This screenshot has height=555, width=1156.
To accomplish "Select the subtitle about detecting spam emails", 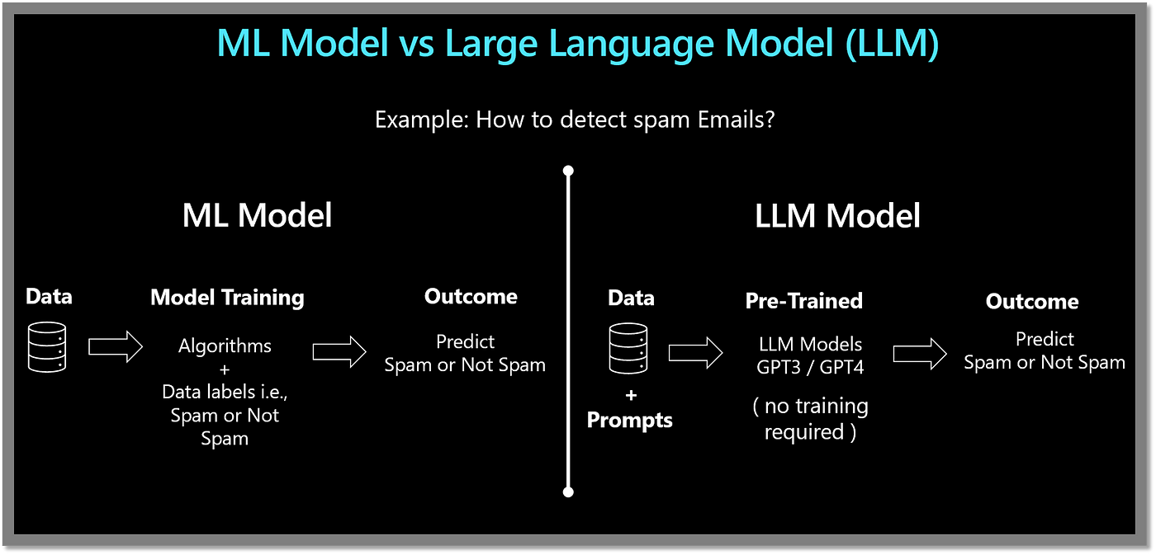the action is tap(575, 120).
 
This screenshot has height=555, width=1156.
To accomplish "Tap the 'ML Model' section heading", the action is tap(257, 215).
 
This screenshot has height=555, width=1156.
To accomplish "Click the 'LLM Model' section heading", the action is tap(837, 216).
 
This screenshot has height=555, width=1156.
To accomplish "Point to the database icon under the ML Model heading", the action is tap(47, 347).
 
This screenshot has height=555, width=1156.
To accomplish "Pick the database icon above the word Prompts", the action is tap(628, 348).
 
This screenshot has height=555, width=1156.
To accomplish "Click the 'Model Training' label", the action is tap(227, 298).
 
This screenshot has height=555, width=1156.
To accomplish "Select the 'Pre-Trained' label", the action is tap(804, 301).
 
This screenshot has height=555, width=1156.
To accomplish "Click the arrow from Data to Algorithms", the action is tap(115, 347).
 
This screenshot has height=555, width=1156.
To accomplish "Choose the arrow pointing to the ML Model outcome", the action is tap(339, 352).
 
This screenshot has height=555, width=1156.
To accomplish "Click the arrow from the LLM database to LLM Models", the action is tap(695, 353).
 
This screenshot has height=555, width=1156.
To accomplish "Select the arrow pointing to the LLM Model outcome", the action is tap(920, 354).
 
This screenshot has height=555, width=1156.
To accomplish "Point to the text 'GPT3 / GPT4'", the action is tap(810, 368).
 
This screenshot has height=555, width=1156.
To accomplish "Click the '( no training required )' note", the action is tap(810, 419).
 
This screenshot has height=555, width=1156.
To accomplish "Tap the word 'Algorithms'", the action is tap(225, 346).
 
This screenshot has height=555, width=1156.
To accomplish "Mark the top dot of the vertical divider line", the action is tap(568, 171).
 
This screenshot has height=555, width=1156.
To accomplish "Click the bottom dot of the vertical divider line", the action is tap(568, 492).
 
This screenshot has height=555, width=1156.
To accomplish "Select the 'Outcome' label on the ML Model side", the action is tap(471, 297).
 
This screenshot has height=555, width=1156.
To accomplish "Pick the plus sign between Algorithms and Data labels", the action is tap(225, 369).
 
